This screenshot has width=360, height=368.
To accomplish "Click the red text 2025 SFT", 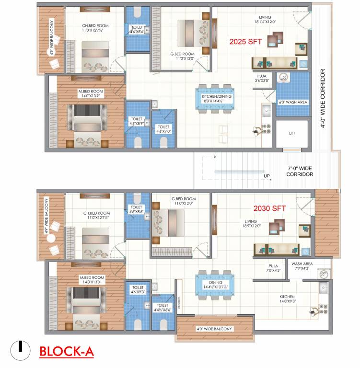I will tap(246, 42).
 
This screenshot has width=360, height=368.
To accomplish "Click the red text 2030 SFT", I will tap(270, 208).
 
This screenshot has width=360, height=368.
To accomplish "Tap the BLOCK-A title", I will tap(67, 351).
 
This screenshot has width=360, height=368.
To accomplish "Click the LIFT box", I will tap(292, 134).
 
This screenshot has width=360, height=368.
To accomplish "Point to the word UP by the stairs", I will tap(267, 176).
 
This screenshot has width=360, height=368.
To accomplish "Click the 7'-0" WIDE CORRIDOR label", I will tap(301, 171).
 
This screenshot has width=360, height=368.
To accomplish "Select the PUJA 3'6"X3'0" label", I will tap(263, 78).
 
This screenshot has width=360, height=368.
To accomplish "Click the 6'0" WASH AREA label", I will tap(293, 102).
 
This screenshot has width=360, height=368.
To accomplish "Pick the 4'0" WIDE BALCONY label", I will tap(214, 329).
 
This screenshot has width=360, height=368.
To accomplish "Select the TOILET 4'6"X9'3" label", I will tap(137, 289).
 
